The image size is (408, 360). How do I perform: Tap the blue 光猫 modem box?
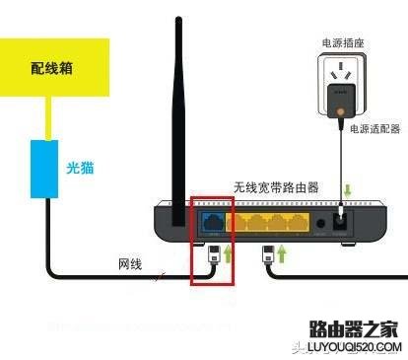point(44,168)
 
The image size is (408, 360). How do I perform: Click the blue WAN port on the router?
point(213,221)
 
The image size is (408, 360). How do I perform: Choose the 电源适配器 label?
point(376,129)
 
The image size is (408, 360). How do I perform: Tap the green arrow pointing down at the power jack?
point(346,190)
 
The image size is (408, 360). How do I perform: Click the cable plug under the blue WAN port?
point(214,259)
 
